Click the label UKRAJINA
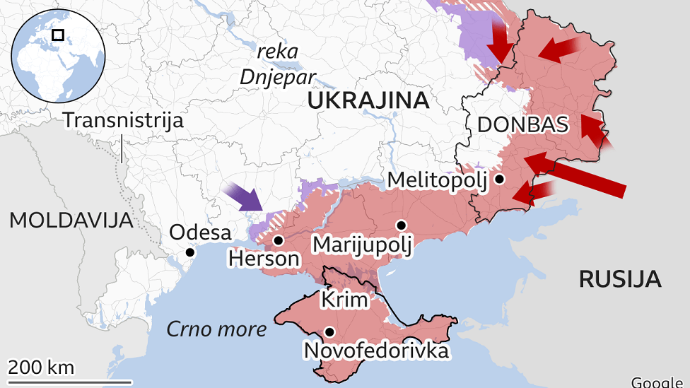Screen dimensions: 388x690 click(368, 101)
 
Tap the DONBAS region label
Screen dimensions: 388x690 click(522, 125)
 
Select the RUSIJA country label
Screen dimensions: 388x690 click(620, 278)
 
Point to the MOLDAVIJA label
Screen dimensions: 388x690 click(71, 220)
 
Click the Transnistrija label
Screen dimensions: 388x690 click(123, 120)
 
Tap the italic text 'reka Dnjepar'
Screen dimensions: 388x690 click(272, 64)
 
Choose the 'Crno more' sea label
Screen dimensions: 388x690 click(216, 329)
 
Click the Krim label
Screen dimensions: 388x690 click(345, 300)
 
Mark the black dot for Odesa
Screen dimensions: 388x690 click(189, 252)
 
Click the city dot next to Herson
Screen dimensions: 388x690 click(279, 240)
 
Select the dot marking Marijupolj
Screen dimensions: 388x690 click(402, 225)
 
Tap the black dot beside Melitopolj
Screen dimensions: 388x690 click(500, 180)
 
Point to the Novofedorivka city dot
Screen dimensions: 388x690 click(329, 331)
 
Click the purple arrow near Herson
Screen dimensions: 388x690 click(243, 196)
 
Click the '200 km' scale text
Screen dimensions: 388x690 click(41, 367)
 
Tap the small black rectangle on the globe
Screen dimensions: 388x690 click(59, 34)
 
